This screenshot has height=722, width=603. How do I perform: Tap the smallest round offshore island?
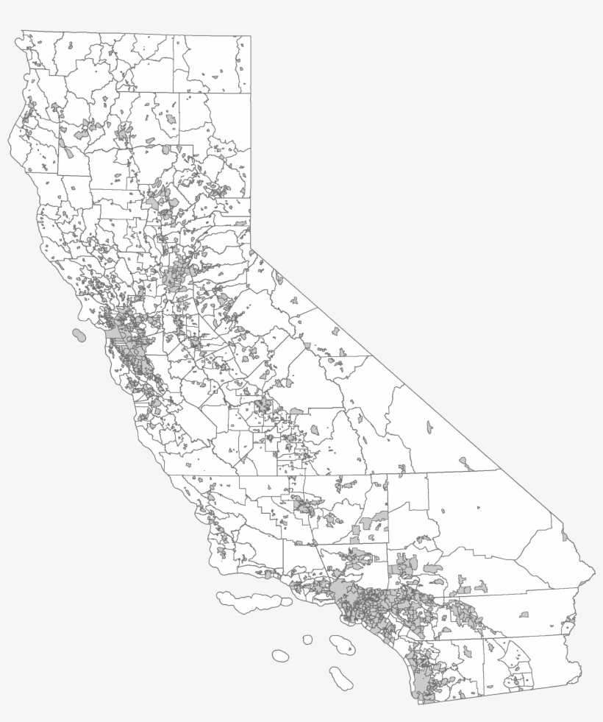tap(307, 640)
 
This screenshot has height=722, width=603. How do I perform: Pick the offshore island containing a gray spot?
tap(343, 645)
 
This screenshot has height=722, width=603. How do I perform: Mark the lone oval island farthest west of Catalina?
tap(280, 655)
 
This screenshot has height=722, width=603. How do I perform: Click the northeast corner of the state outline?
tap(250, 35)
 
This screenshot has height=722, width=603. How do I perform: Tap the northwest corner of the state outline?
tap(23, 31)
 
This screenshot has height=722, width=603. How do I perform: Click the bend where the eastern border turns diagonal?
tap(251, 250)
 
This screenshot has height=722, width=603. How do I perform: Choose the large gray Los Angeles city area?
tap(346, 592)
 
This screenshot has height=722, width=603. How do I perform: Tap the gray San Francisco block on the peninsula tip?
tap(115, 335)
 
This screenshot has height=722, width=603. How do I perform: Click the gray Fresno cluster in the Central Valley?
tap(263, 405)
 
